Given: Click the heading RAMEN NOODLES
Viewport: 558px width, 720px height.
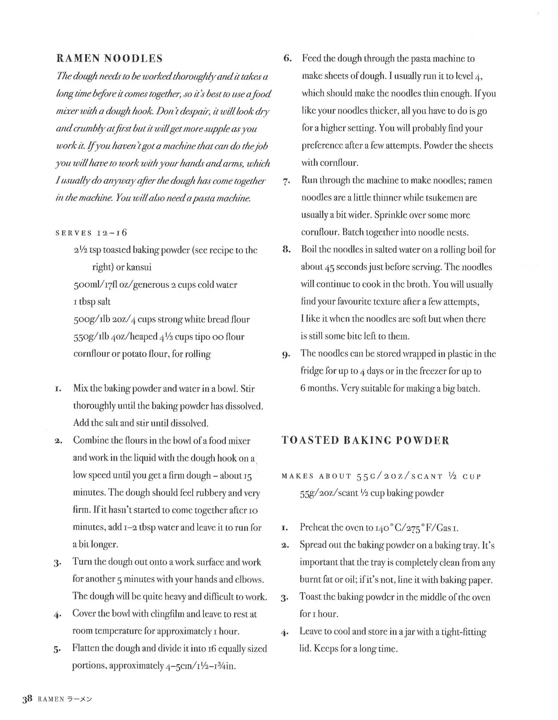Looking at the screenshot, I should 109,58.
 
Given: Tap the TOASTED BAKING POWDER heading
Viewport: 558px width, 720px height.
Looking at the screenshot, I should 365,440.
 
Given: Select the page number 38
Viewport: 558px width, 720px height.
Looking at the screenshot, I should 28,698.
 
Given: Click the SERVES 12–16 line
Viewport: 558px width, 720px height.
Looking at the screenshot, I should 91,233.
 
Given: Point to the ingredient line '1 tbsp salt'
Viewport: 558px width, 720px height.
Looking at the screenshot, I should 92,302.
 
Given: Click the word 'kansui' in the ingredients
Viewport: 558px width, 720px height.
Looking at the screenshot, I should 139,267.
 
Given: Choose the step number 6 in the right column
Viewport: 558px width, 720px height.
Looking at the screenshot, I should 287,58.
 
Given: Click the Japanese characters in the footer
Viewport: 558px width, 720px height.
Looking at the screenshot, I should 79,699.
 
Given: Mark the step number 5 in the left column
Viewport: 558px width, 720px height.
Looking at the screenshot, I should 57,649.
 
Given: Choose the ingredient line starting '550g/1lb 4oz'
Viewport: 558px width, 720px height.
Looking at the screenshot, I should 159,337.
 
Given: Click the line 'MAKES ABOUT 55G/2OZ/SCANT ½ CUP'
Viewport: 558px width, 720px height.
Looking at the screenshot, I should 381,476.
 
